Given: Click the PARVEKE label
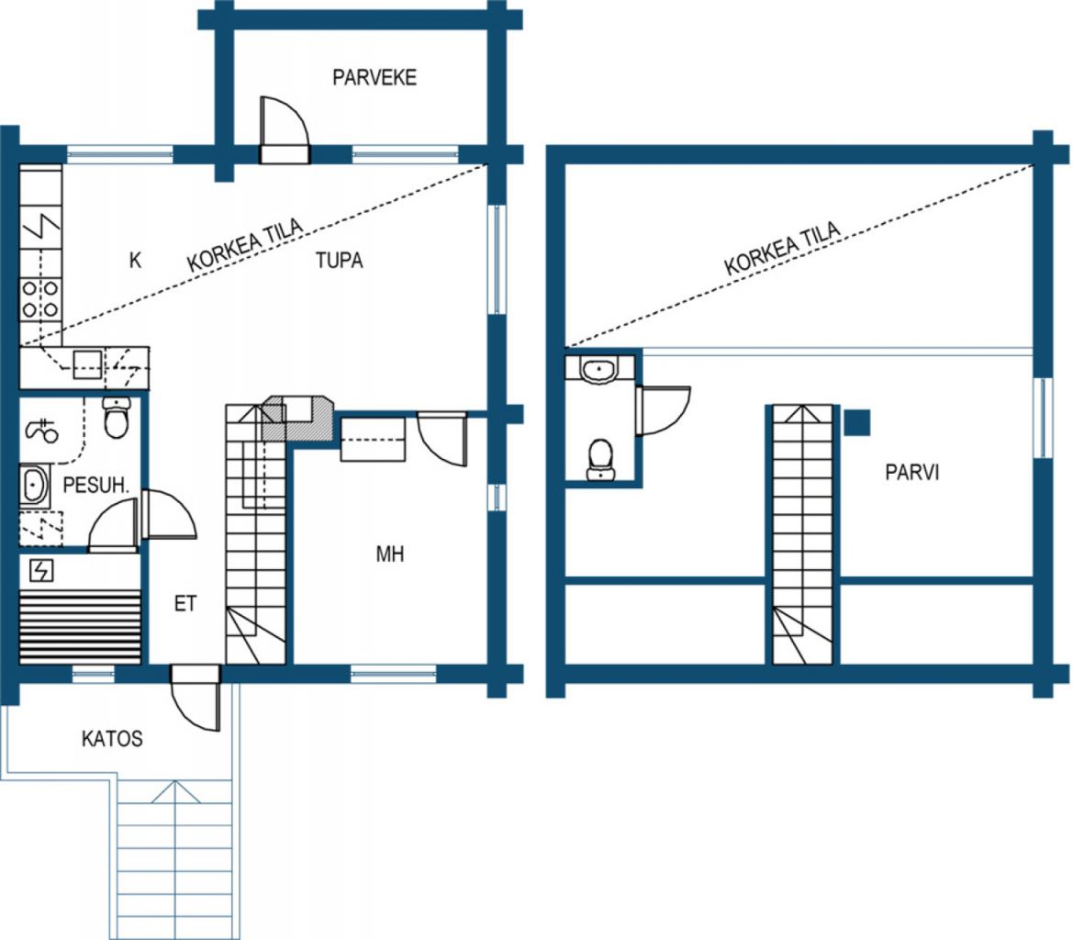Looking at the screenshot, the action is (374, 77).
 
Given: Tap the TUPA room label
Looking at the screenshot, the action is (339, 261).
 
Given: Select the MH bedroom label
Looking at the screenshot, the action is (390, 554).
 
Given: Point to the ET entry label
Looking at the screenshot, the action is (185, 603).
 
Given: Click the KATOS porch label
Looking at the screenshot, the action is (112, 739).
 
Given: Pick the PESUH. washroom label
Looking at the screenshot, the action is (95, 486).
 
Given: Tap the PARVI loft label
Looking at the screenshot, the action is (911, 472).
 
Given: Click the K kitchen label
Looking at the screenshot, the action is (136, 260).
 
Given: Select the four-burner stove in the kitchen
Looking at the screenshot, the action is (40, 299).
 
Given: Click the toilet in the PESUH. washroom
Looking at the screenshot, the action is (117, 418).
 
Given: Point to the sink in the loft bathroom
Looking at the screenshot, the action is (600, 369).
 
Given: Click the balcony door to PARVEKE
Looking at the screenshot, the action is (284, 130).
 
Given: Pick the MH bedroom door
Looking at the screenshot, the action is (442, 439).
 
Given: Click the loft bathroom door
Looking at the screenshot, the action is (663, 410).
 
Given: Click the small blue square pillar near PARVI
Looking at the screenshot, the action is (856, 423).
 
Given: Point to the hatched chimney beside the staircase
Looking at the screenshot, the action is (298, 418).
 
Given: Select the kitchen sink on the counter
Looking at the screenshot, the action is (87, 364).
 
